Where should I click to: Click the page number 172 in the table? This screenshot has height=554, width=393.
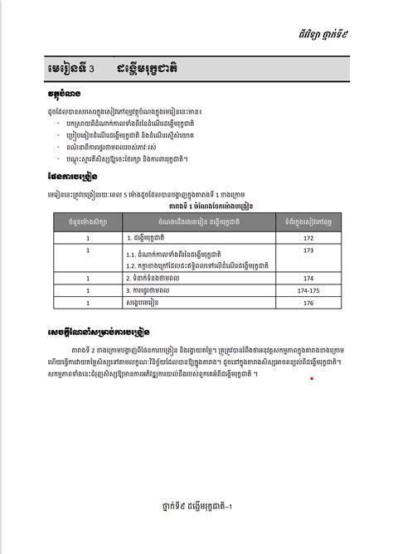(308, 238)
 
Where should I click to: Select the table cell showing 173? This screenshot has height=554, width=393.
(308, 250)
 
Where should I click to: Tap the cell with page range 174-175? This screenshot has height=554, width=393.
(308, 291)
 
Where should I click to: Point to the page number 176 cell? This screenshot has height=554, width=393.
(308, 303)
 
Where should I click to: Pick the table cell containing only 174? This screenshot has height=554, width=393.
(308, 279)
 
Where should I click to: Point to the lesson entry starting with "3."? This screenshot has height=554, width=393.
(144, 291)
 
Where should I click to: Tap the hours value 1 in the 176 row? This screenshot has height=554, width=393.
(86, 303)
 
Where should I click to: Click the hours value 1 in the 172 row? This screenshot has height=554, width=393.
(86, 238)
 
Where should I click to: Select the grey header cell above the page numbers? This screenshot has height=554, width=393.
(308, 221)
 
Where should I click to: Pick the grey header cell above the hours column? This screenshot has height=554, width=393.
(86, 221)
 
